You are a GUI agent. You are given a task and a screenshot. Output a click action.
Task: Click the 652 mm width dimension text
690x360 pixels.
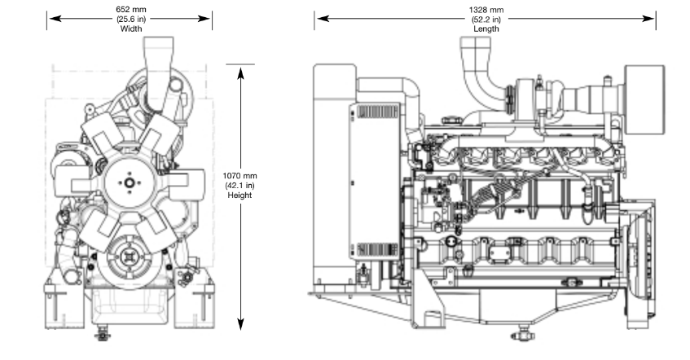131,9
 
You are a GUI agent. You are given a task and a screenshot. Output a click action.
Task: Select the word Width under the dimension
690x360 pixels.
131,29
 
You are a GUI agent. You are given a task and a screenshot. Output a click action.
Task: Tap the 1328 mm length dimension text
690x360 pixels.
486,9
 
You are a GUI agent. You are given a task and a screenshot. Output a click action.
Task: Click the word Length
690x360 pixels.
486,29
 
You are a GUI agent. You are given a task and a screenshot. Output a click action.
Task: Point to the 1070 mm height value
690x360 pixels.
240,176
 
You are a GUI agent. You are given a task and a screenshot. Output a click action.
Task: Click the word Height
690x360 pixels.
240,195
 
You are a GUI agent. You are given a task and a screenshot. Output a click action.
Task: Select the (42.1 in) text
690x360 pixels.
240,185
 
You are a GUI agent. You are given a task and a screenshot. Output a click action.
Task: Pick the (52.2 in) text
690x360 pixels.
486,19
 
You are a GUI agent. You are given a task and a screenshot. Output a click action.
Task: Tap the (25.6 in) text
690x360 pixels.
131,19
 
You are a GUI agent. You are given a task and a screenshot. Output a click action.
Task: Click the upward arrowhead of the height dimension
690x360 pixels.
240,72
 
